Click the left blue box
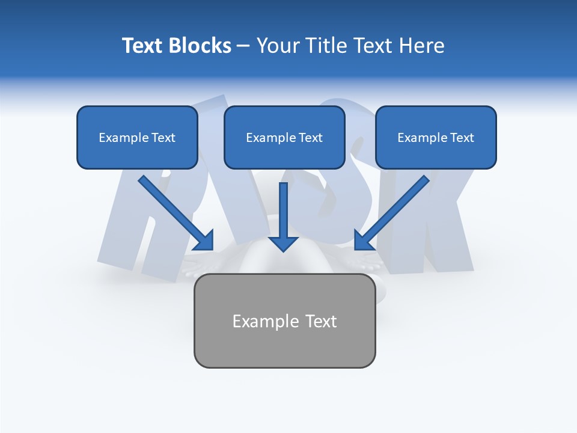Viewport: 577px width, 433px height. (x=137, y=137)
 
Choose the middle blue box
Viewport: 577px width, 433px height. (x=284, y=137)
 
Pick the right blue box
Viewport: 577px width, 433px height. (x=436, y=137)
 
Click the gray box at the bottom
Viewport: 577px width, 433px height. (x=284, y=321)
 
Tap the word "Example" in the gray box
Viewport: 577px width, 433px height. (x=257, y=321)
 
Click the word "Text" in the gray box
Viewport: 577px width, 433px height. (x=321, y=321)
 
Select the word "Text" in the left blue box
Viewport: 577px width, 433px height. (x=163, y=138)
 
